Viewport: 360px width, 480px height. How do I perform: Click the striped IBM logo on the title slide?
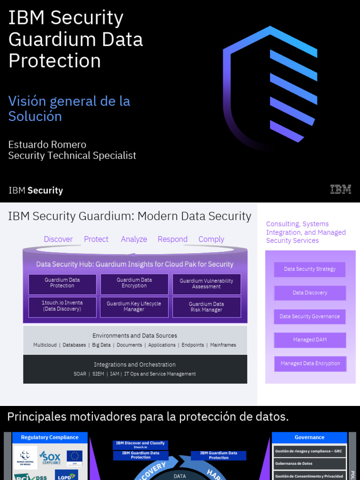tap(340, 189)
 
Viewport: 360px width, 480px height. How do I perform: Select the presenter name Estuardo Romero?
tap(47, 144)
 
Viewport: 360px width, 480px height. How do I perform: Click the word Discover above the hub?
tap(58, 239)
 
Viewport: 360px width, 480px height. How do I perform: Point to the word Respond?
tap(172, 239)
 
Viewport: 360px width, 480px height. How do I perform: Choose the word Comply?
tap(211, 239)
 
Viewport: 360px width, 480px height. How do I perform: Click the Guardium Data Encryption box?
tap(135, 283)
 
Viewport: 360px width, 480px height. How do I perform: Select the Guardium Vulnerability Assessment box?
tap(206, 284)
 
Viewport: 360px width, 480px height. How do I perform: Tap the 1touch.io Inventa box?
tap(62, 306)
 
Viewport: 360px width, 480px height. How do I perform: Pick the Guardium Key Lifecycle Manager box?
tap(134, 307)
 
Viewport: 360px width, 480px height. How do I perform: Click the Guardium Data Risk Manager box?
tap(206, 307)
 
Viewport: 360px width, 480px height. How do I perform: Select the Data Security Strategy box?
tap(310, 269)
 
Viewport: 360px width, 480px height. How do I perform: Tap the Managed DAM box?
tap(310, 340)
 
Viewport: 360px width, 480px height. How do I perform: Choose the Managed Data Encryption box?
tap(310, 363)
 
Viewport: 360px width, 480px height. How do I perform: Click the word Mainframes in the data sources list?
tap(223, 345)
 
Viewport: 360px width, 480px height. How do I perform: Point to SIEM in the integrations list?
tap(98, 374)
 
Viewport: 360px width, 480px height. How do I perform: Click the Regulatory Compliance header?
tap(50, 437)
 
